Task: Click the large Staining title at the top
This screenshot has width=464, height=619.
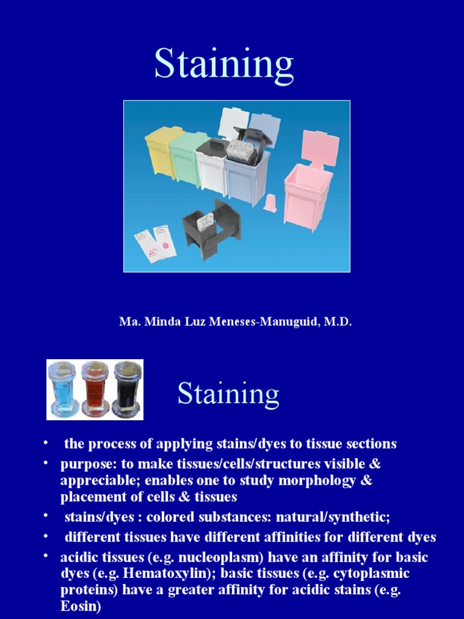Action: [224, 65]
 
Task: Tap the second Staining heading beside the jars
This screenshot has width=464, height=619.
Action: [228, 394]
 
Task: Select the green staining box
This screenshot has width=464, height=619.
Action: [187, 158]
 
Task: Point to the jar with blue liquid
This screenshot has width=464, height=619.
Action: [63, 390]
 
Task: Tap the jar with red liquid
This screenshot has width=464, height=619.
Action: [94, 390]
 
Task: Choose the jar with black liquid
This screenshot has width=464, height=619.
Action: [127, 390]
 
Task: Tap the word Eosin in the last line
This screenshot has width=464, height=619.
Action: [79, 606]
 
